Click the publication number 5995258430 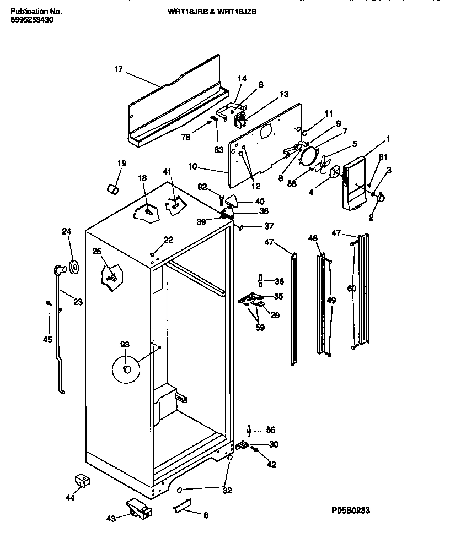click(x=32, y=20)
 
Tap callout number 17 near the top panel click(x=118, y=69)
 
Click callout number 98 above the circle click(x=125, y=345)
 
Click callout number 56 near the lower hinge click(x=270, y=430)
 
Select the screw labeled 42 click(x=256, y=450)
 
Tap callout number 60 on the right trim click(x=352, y=289)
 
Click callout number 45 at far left click(x=47, y=340)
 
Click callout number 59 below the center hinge click(x=259, y=328)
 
